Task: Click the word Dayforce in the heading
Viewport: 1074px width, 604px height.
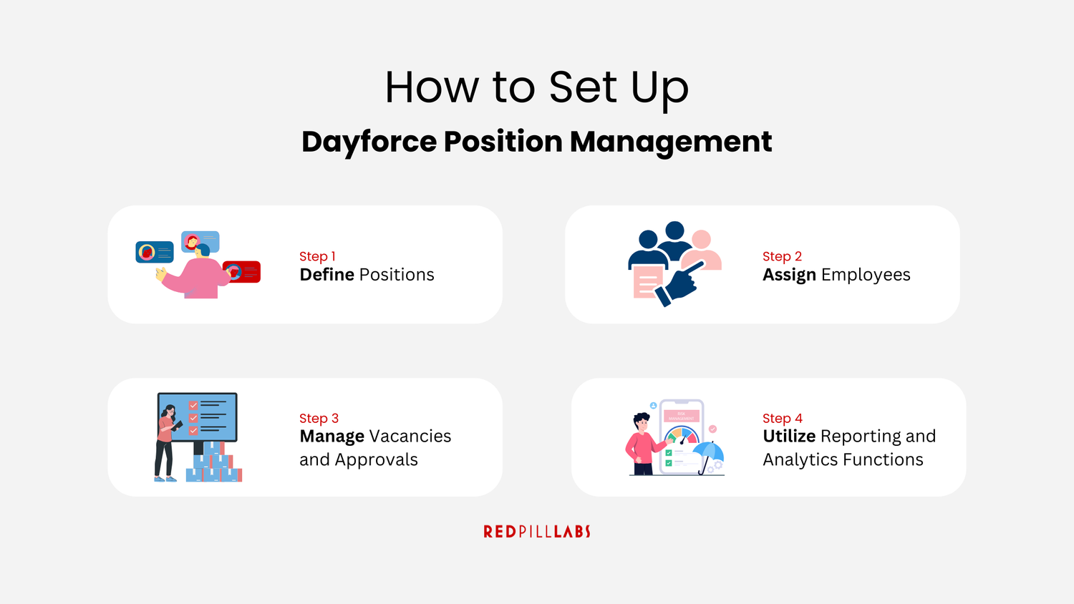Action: coord(369,142)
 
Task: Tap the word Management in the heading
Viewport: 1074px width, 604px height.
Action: coord(671,142)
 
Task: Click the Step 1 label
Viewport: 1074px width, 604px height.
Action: coord(317,256)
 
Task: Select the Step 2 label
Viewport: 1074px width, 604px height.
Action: coord(782,256)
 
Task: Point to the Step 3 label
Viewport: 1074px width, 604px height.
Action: coord(319,418)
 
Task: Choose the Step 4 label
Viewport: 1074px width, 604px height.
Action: coord(782,418)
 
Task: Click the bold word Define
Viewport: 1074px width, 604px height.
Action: coord(327,275)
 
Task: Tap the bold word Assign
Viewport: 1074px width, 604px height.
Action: coord(789,276)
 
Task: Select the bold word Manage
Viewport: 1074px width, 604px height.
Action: coord(332,437)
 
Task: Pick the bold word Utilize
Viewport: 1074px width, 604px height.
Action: coord(789,437)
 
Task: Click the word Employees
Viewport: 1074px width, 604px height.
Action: coord(866,276)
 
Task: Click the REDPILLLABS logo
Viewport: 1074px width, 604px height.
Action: coord(537,532)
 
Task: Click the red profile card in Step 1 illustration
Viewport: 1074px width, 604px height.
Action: coord(243,272)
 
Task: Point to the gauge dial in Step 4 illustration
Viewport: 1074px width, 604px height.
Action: coord(681,435)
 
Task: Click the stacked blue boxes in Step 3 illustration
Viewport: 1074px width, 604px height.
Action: coord(214,464)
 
